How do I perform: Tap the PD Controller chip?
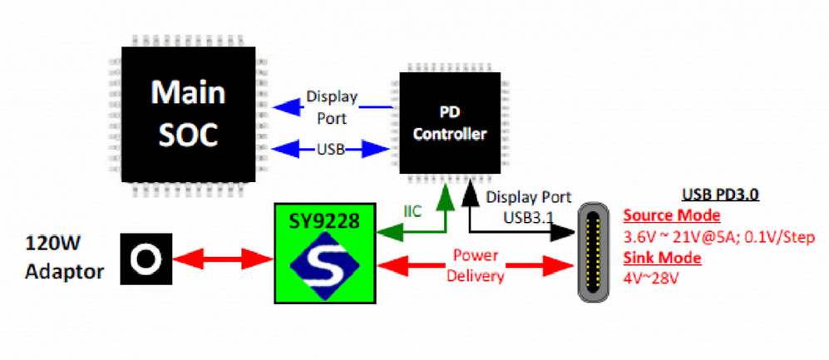(x=450, y=122)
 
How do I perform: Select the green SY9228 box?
(x=326, y=254)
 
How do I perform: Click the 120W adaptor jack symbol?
(x=146, y=259)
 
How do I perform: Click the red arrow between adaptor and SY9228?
(x=223, y=259)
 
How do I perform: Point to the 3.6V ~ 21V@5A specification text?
(x=674, y=236)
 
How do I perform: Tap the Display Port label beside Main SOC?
(x=331, y=107)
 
